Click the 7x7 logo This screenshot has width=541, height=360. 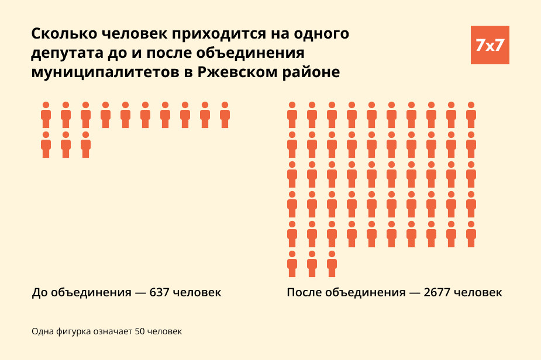point(490,45)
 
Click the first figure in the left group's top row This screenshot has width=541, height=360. point(46,115)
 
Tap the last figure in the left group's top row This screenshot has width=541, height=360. point(225,115)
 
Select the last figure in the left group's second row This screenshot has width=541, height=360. point(85,145)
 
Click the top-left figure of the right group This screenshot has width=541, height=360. point(292,115)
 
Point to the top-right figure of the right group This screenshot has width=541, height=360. point(471,115)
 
